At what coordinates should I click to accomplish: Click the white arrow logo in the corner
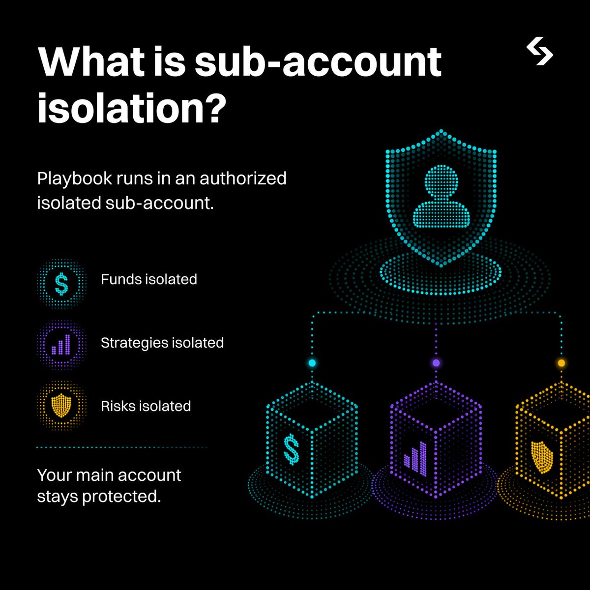(x=539, y=51)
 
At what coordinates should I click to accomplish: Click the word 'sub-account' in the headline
(x=318, y=61)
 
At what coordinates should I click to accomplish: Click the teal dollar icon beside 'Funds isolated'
(x=61, y=283)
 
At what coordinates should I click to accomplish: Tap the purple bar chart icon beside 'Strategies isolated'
(x=61, y=345)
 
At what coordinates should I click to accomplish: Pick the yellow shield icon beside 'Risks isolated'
(x=61, y=406)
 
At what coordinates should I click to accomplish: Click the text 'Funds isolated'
(x=149, y=279)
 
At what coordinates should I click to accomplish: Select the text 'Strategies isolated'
(x=162, y=343)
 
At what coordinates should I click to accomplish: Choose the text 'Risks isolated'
(x=146, y=406)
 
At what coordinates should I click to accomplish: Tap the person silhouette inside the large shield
(x=441, y=196)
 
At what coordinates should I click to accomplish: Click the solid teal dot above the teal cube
(x=312, y=363)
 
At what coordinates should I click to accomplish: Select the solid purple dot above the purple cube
(x=436, y=363)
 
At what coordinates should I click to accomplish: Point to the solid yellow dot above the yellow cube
(x=561, y=363)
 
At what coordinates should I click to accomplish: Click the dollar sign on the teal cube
(x=291, y=449)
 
